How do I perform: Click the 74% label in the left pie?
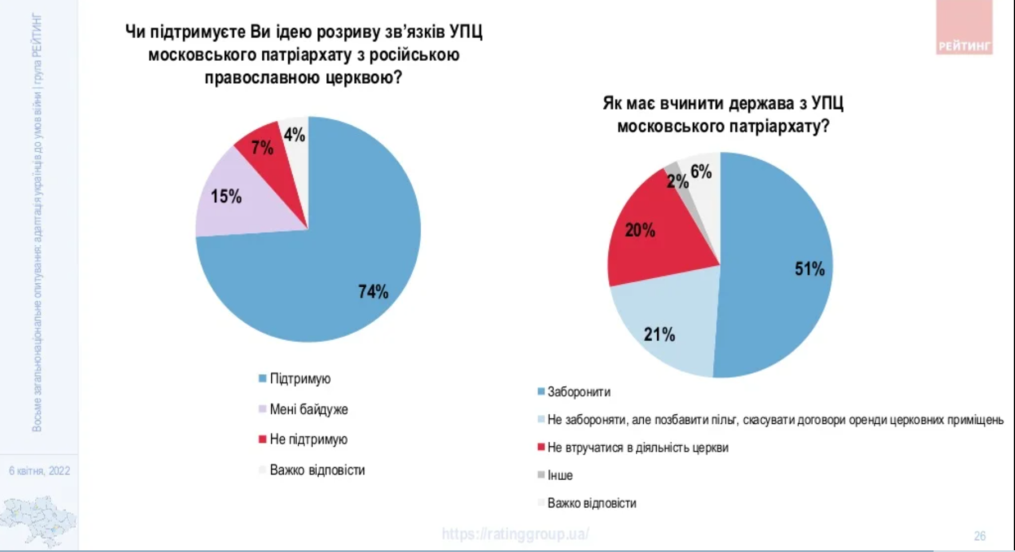pos(374,292)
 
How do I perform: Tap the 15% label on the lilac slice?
pos(226,196)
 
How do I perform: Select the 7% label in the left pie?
pos(262,148)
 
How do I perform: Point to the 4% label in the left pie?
pos(294,135)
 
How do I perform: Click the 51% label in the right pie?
pos(809,269)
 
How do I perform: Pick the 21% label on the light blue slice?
pos(659,335)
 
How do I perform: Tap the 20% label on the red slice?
pos(640,230)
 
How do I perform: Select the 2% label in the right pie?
pos(677,181)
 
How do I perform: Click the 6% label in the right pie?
pos(701,171)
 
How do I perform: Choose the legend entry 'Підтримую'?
pos(300,378)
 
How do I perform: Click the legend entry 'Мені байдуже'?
pos(308,409)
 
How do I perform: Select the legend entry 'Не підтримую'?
pos(308,439)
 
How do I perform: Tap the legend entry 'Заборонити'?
pos(579,392)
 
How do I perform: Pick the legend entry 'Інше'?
pos(559,475)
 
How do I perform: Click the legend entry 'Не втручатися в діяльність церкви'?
pos(638,447)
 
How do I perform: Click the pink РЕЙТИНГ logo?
pos(964,28)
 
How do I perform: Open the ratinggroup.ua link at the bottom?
pos(515,533)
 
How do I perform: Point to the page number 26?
pos(980,536)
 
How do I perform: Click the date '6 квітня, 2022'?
pos(39,470)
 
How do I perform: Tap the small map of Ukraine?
pos(38,520)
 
